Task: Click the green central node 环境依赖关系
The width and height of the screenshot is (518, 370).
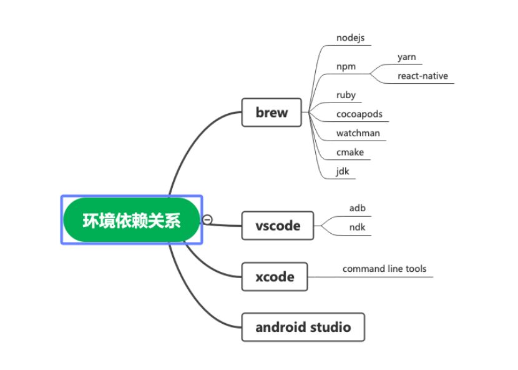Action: click(x=132, y=220)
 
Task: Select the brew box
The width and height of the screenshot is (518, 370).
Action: click(x=271, y=112)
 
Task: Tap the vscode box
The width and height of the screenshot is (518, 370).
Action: click(x=278, y=226)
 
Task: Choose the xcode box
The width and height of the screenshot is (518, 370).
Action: click(x=275, y=276)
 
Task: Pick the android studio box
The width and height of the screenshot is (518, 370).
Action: click(x=303, y=327)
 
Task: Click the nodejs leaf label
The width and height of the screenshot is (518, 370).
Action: click(x=349, y=37)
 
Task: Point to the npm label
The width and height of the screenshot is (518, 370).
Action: click(x=346, y=67)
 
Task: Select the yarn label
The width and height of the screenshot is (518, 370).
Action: click(x=406, y=57)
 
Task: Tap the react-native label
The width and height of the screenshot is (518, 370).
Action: click(x=423, y=76)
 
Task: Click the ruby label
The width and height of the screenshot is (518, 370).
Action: click(x=346, y=95)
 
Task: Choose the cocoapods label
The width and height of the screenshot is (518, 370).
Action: click(x=359, y=114)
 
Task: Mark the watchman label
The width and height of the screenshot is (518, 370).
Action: click(x=358, y=133)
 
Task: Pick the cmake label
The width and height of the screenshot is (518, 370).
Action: click(x=349, y=152)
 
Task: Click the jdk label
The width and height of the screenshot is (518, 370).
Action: click(x=343, y=171)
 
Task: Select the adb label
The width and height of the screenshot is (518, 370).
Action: click(x=357, y=208)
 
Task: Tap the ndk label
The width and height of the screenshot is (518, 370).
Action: click(x=357, y=227)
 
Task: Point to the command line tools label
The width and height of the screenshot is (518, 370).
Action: click(x=384, y=269)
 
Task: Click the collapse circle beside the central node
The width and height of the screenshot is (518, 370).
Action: click(x=208, y=219)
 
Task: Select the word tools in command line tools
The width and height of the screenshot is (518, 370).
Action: click(x=415, y=269)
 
